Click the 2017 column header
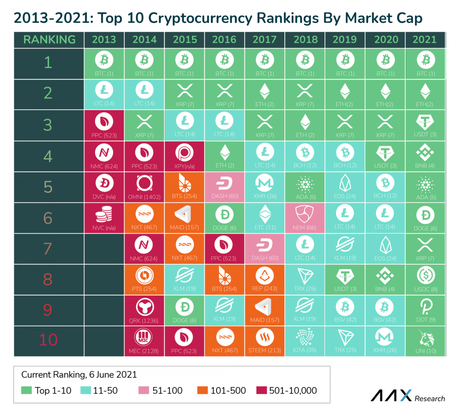[265, 40]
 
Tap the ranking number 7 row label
[48, 249]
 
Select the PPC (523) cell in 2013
[104, 125]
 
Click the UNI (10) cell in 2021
[426, 341]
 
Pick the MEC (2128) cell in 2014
[144, 341]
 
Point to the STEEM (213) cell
[265, 341]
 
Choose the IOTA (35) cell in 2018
[305, 341]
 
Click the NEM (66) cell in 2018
[305, 218]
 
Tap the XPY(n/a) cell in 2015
[184, 156]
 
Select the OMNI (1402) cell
[144, 187]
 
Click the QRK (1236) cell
[144, 310]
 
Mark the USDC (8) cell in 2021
[426, 279]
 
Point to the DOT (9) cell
[426, 310]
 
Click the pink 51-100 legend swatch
[143, 390]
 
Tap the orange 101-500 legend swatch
[203, 390]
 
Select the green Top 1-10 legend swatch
[27, 390]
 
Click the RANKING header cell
[49, 40]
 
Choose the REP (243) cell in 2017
[265, 279]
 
